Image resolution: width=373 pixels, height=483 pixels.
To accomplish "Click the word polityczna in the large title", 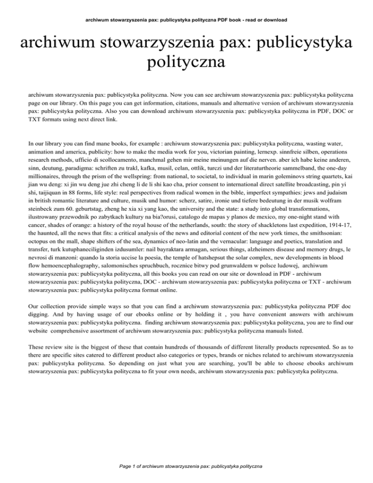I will click(x=186, y=63).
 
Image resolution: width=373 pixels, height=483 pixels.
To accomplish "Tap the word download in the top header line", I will click(x=275, y=20).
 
